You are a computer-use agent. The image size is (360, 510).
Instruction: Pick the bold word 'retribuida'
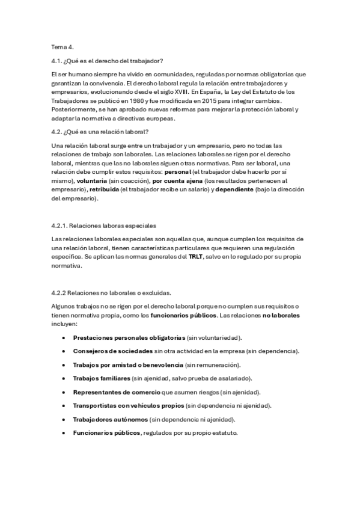pos(106,189)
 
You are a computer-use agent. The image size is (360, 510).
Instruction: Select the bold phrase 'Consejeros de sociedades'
pos(112,351)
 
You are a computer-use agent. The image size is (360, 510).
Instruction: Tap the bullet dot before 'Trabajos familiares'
pos(64,378)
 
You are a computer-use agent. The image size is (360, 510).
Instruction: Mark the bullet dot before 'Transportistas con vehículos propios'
pos(64,405)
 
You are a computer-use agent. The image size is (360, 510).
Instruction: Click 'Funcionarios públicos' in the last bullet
pos(106,432)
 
